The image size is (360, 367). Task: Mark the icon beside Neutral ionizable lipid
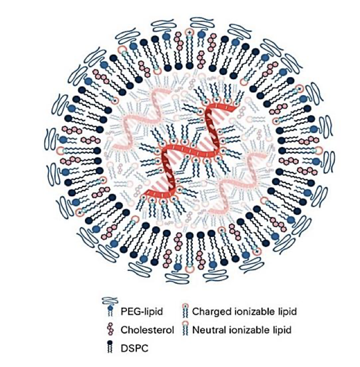(x=185, y=329)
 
